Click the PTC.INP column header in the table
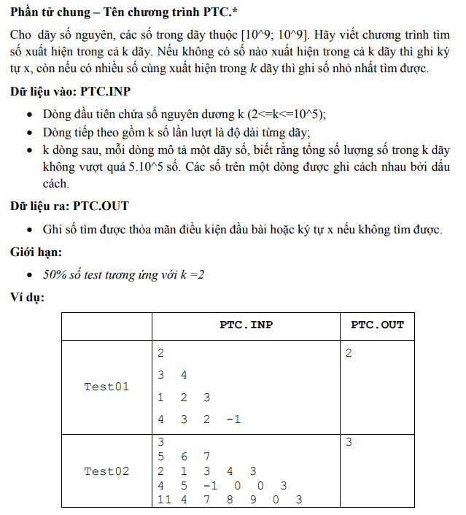(246, 325)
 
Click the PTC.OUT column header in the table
(377, 325)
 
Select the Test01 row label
(106, 387)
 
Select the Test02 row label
(106, 471)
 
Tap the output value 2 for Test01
(349, 353)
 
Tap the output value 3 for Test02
(349, 442)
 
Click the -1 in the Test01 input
(233, 419)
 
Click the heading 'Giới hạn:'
(36, 252)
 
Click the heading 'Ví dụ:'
(28, 298)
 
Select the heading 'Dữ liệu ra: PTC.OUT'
(70, 206)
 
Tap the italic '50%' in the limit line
(55, 275)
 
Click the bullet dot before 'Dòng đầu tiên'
(28, 116)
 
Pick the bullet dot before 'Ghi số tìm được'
(28, 230)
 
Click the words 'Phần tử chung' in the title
(47, 13)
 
